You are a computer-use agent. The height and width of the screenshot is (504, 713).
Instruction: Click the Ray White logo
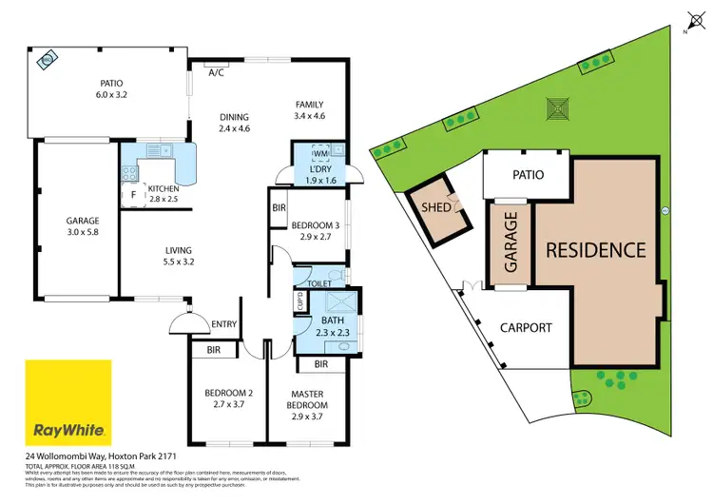coord(68,400)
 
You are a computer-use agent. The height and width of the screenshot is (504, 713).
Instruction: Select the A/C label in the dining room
coord(216,72)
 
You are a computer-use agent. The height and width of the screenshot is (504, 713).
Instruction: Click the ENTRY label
coord(224,325)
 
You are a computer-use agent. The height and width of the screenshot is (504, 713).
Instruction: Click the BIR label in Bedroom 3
coord(279,206)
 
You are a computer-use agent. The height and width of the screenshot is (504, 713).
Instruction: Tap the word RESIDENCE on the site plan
coord(595,251)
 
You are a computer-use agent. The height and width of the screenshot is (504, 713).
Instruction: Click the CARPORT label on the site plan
coord(526,327)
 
